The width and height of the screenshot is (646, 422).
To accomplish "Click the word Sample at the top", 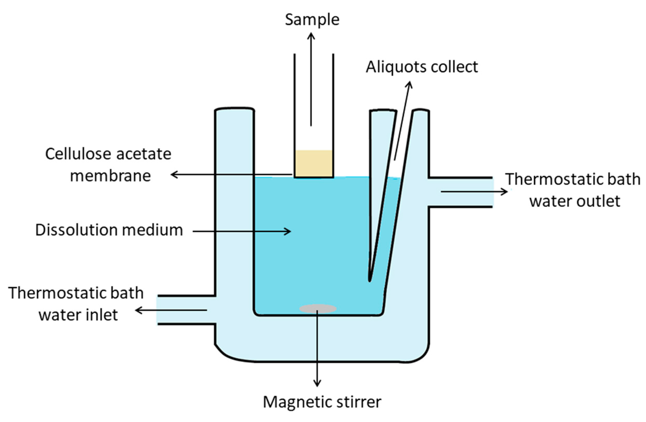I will (x=312, y=20).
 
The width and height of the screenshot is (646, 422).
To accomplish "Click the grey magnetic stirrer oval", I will (x=318, y=309).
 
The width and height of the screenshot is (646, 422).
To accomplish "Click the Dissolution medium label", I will (x=109, y=230).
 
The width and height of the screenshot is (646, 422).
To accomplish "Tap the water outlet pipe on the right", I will (x=461, y=192).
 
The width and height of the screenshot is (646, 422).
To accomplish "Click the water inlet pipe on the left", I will (x=185, y=310).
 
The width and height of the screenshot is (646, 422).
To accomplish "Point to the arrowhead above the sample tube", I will (x=311, y=35).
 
